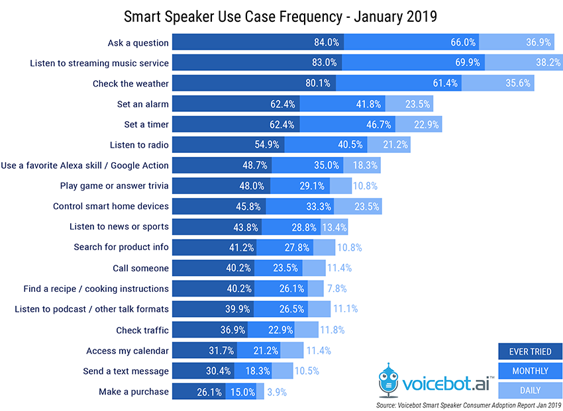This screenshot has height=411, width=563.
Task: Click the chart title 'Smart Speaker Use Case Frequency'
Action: (x=233, y=17)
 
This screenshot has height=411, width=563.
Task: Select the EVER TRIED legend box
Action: (x=530, y=351)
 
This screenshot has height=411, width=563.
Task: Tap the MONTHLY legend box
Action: (x=530, y=371)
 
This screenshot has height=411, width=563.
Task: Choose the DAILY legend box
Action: (x=530, y=390)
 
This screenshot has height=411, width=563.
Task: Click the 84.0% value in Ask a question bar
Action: (x=327, y=42)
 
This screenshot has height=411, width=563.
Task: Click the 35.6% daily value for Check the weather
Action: (x=518, y=83)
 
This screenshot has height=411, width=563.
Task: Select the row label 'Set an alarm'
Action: (x=142, y=104)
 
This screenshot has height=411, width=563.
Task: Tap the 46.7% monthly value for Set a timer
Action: (x=379, y=124)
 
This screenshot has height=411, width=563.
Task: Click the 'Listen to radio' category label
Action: (x=139, y=145)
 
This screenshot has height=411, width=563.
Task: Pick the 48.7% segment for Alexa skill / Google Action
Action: (x=222, y=165)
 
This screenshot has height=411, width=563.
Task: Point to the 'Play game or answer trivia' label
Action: (x=114, y=186)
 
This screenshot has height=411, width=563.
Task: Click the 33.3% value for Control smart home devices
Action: (x=319, y=206)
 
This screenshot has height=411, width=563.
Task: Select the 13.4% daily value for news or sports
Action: (x=334, y=228)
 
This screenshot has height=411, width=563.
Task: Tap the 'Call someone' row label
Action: (x=140, y=268)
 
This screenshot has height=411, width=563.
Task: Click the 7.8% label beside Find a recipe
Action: (x=336, y=289)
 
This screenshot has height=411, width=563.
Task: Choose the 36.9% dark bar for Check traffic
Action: (x=210, y=330)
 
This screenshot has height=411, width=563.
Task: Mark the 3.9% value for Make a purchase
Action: (x=277, y=392)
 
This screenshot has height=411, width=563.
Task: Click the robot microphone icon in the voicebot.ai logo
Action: (x=388, y=380)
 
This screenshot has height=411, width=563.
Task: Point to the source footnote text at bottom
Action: (x=468, y=405)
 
